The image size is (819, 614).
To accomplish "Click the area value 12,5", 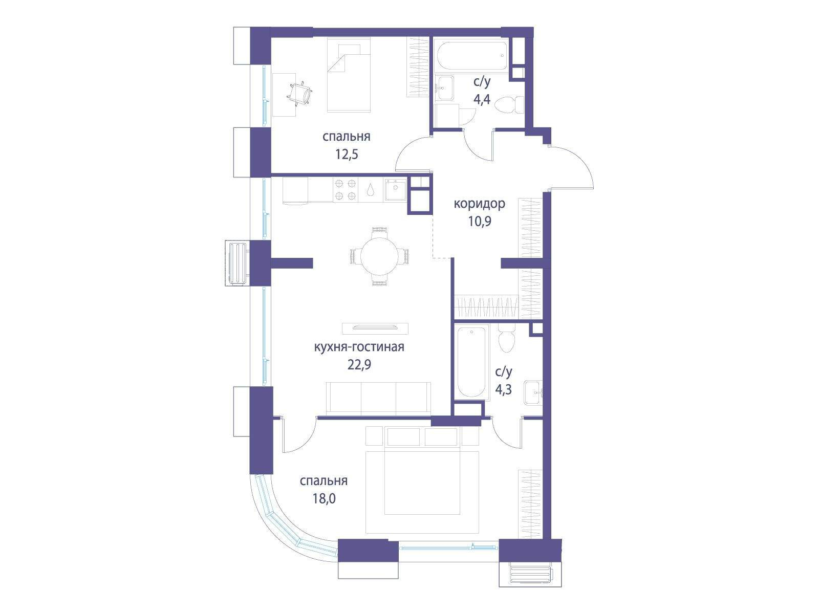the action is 347,154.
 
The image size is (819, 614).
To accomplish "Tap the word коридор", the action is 480,204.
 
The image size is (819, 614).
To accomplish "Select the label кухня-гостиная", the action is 359,347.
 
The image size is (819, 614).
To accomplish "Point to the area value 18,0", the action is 324,498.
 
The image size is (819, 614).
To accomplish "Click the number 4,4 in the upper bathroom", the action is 482,100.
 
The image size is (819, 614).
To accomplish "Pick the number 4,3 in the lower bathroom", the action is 503,389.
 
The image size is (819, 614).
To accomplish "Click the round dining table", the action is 379,256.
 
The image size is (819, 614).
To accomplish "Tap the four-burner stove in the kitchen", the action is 346,190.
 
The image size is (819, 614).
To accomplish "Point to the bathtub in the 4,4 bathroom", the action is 471,56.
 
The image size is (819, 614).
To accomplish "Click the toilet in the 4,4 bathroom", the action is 510,105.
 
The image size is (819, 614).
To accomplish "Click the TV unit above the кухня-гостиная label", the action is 375,328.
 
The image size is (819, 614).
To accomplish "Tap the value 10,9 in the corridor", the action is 480,222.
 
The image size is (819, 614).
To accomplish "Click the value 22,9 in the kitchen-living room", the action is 359,365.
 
